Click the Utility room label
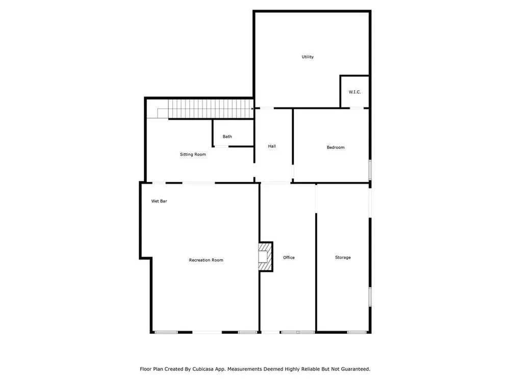pos(308,57)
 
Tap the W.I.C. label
pos(354,92)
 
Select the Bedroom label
pos(336,147)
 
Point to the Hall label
pos(272,146)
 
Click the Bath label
pos(227,137)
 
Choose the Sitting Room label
pos(193,154)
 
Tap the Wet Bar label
pos(159,201)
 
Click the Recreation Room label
pos(206,260)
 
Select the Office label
pos(289,257)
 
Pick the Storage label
pos(343,257)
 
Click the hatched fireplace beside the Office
pos(265,257)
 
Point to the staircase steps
pos(211,109)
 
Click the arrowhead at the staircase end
pos(252,109)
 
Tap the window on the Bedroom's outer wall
pos(370,169)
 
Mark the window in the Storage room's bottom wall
pos(357,332)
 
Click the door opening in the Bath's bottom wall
pos(221,147)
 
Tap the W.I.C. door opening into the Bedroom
pos(356,108)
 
